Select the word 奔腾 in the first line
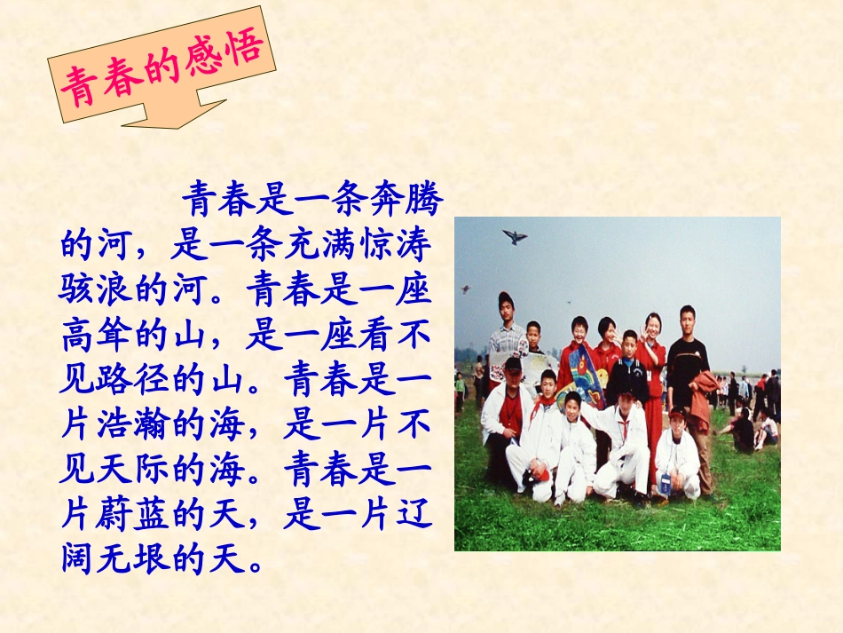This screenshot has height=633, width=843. point(409,200)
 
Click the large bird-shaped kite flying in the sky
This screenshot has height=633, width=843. point(514,236)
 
